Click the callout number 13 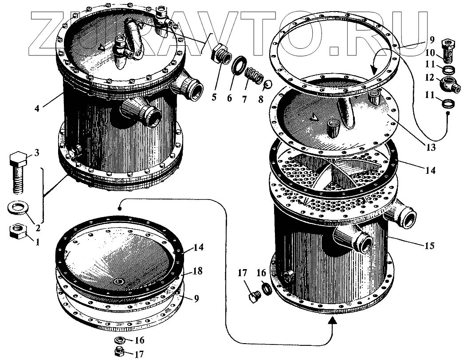click(x=429, y=147)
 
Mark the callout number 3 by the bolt click(x=37, y=153)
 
